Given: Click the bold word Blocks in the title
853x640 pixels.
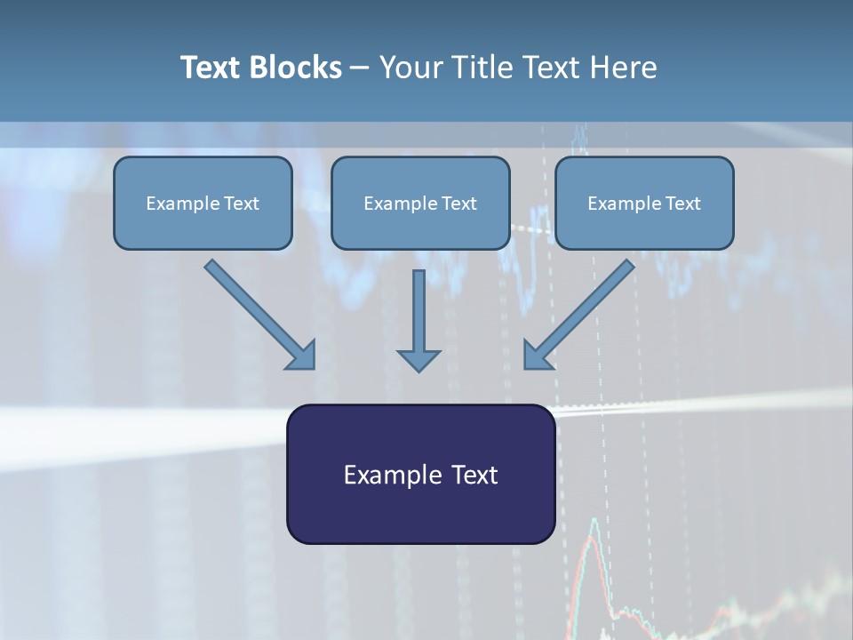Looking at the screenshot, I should (296, 68).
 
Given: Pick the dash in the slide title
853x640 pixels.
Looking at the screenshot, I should (360, 68).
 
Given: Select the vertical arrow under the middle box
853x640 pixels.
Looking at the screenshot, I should (419, 311).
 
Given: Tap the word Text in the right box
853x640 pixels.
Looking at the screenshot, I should (683, 204).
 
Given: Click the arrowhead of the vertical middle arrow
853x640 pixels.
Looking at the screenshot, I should (419, 360).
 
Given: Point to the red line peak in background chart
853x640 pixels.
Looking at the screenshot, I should (593, 521).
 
